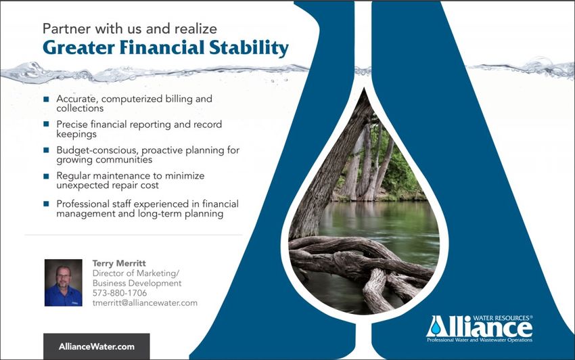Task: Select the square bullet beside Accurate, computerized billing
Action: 46,99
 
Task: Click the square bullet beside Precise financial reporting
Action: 46,124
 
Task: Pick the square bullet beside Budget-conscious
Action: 46,150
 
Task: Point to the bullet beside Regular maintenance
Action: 46,176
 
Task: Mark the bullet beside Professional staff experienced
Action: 46,204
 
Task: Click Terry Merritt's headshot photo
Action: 64,283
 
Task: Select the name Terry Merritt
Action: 119,263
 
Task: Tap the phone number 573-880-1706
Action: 120,293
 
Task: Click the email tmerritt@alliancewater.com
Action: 145,302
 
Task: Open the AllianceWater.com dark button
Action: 97,346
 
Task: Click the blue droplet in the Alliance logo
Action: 436,328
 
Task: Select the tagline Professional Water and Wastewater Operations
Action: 480,340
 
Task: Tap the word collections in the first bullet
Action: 80,108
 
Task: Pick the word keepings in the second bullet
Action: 76,134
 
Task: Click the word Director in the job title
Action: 108,273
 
